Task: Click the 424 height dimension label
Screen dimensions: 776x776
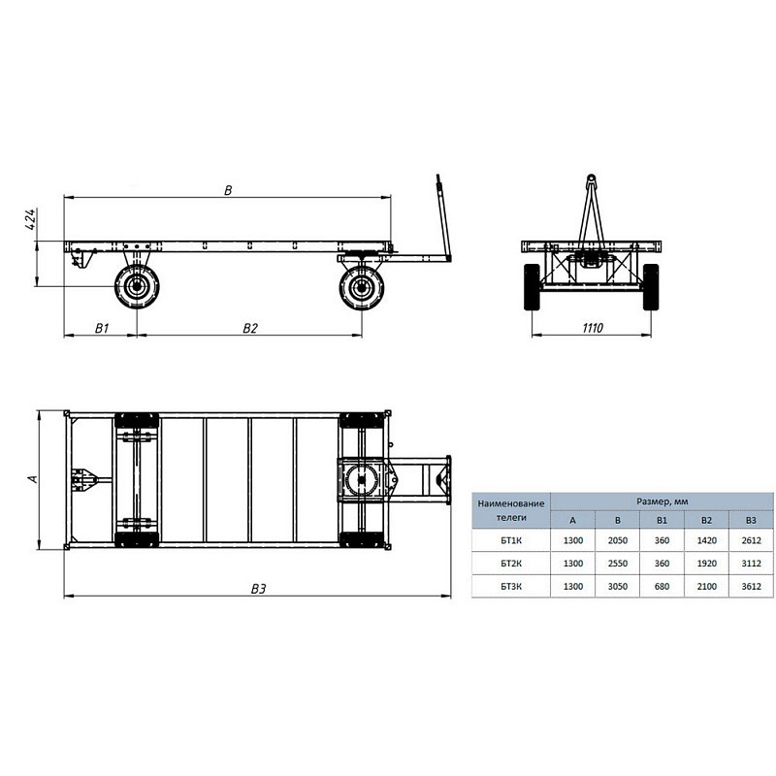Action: click(30, 219)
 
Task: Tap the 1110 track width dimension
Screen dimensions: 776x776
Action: click(593, 328)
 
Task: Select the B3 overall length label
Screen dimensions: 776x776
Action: click(258, 589)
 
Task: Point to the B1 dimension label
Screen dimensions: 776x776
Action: click(102, 328)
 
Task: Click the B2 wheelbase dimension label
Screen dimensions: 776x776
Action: click(250, 328)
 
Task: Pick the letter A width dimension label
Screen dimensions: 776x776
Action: click(33, 479)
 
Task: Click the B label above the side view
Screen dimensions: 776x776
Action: click(228, 190)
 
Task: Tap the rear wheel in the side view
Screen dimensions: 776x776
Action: click(137, 286)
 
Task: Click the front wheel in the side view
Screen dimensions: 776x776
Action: click(362, 287)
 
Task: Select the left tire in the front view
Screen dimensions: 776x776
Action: click(532, 287)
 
